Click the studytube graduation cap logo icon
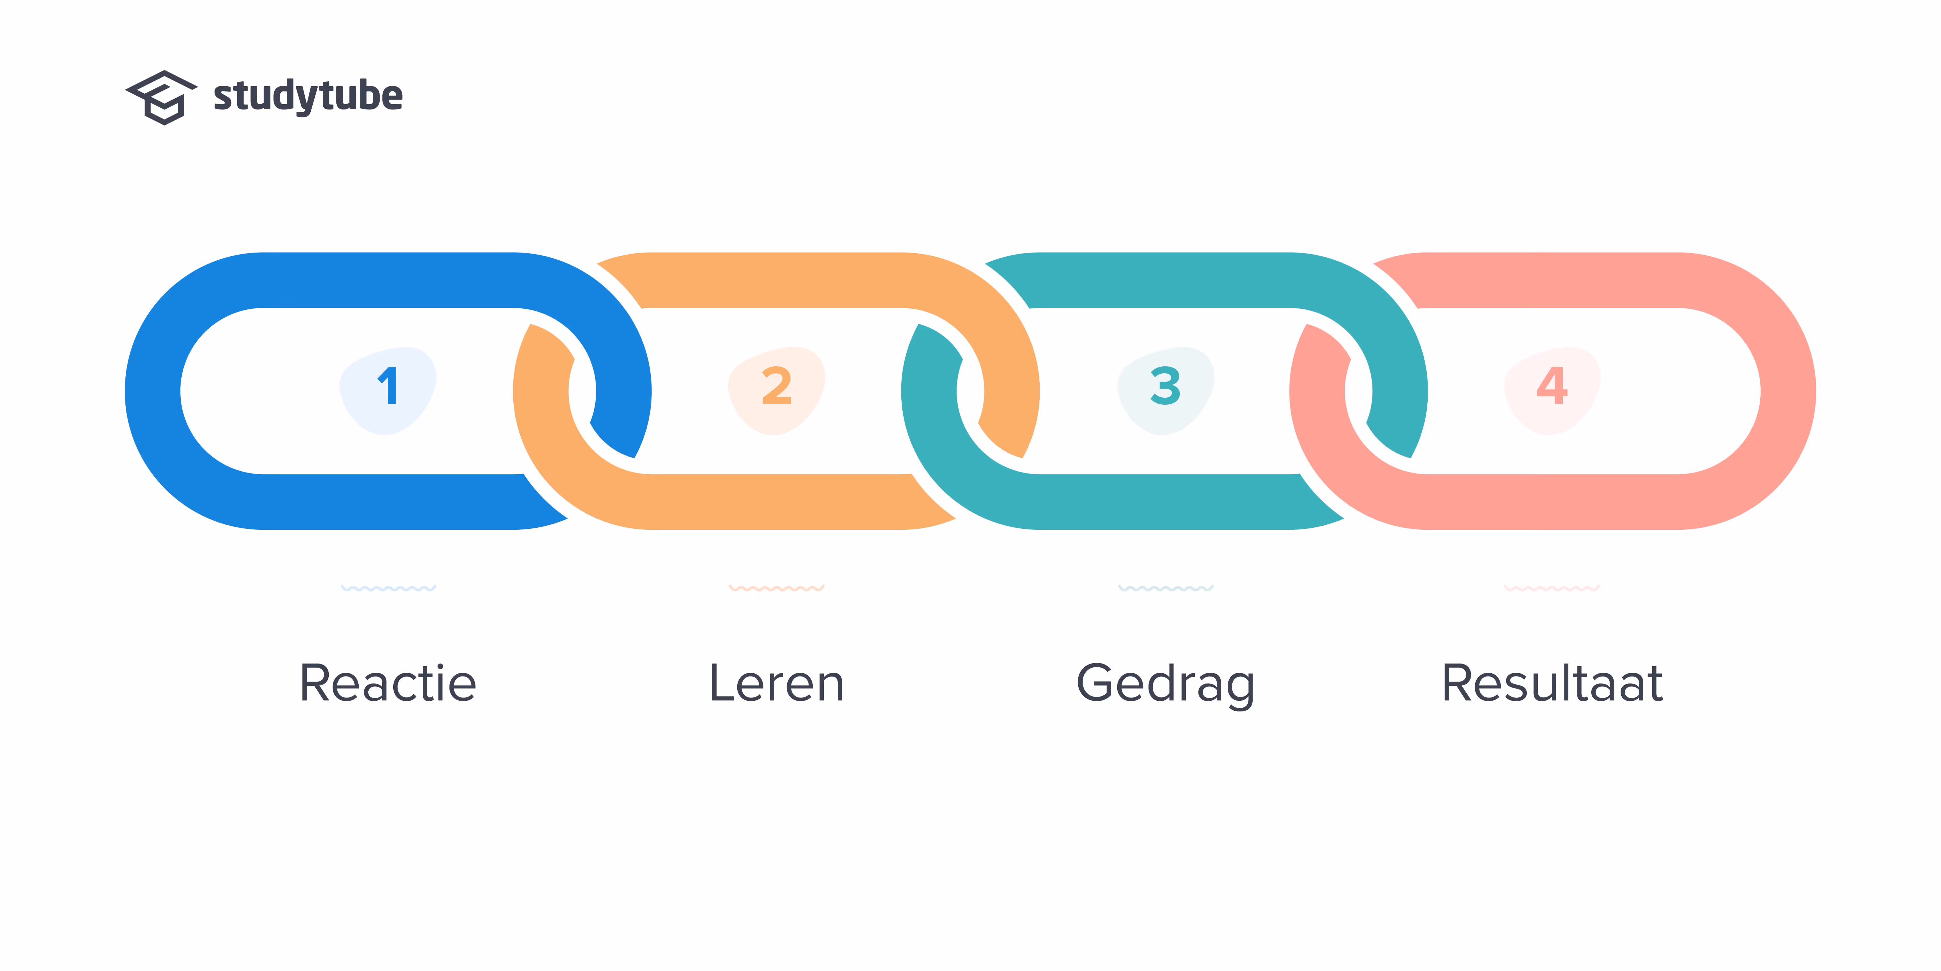pyautogui.click(x=161, y=97)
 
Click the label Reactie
pyautogui.click(x=388, y=683)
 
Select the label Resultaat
pyautogui.click(x=1552, y=683)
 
